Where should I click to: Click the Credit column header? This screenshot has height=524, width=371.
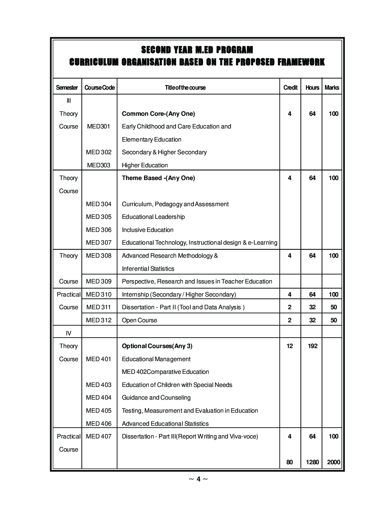coord(290,88)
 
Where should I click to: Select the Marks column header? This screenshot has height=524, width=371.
coord(332,88)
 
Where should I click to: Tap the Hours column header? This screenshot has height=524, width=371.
coord(312,88)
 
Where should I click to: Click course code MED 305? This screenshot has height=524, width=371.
coord(99,217)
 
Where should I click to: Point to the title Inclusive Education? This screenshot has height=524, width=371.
coord(148,230)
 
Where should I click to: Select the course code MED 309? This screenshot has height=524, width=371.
coord(99,282)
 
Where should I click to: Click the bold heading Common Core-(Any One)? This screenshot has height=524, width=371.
coord(158,114)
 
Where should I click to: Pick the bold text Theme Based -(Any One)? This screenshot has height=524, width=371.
coord(158,178)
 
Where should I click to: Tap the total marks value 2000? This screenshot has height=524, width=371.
coord(334,462)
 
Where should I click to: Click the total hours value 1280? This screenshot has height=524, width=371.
coord(312,462)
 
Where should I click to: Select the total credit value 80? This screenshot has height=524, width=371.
coord(290,462)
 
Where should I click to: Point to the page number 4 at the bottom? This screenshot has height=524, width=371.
coord(199,479)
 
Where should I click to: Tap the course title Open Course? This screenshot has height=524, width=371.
coord(139,320)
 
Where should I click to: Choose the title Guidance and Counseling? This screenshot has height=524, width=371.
coord(156,398)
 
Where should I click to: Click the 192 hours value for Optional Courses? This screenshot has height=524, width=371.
coord(312,346)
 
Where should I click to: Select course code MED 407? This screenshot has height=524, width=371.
coord(99,437)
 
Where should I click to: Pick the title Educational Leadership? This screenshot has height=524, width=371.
coord(153,217)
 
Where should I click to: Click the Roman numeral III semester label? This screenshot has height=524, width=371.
coord(68,101)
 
